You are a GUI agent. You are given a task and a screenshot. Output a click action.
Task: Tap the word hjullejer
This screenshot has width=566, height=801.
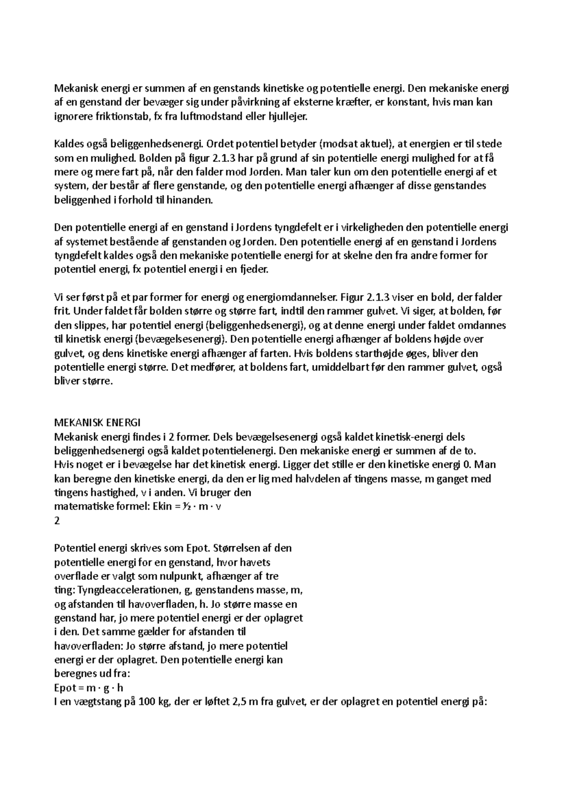point(287,116)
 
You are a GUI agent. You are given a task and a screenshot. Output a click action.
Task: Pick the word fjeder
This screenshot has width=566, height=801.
point(253,270)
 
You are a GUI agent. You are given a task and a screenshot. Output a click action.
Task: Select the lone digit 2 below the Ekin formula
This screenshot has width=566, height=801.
point(58,521)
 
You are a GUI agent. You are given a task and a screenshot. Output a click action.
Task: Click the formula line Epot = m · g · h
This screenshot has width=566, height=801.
point(89,688)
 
